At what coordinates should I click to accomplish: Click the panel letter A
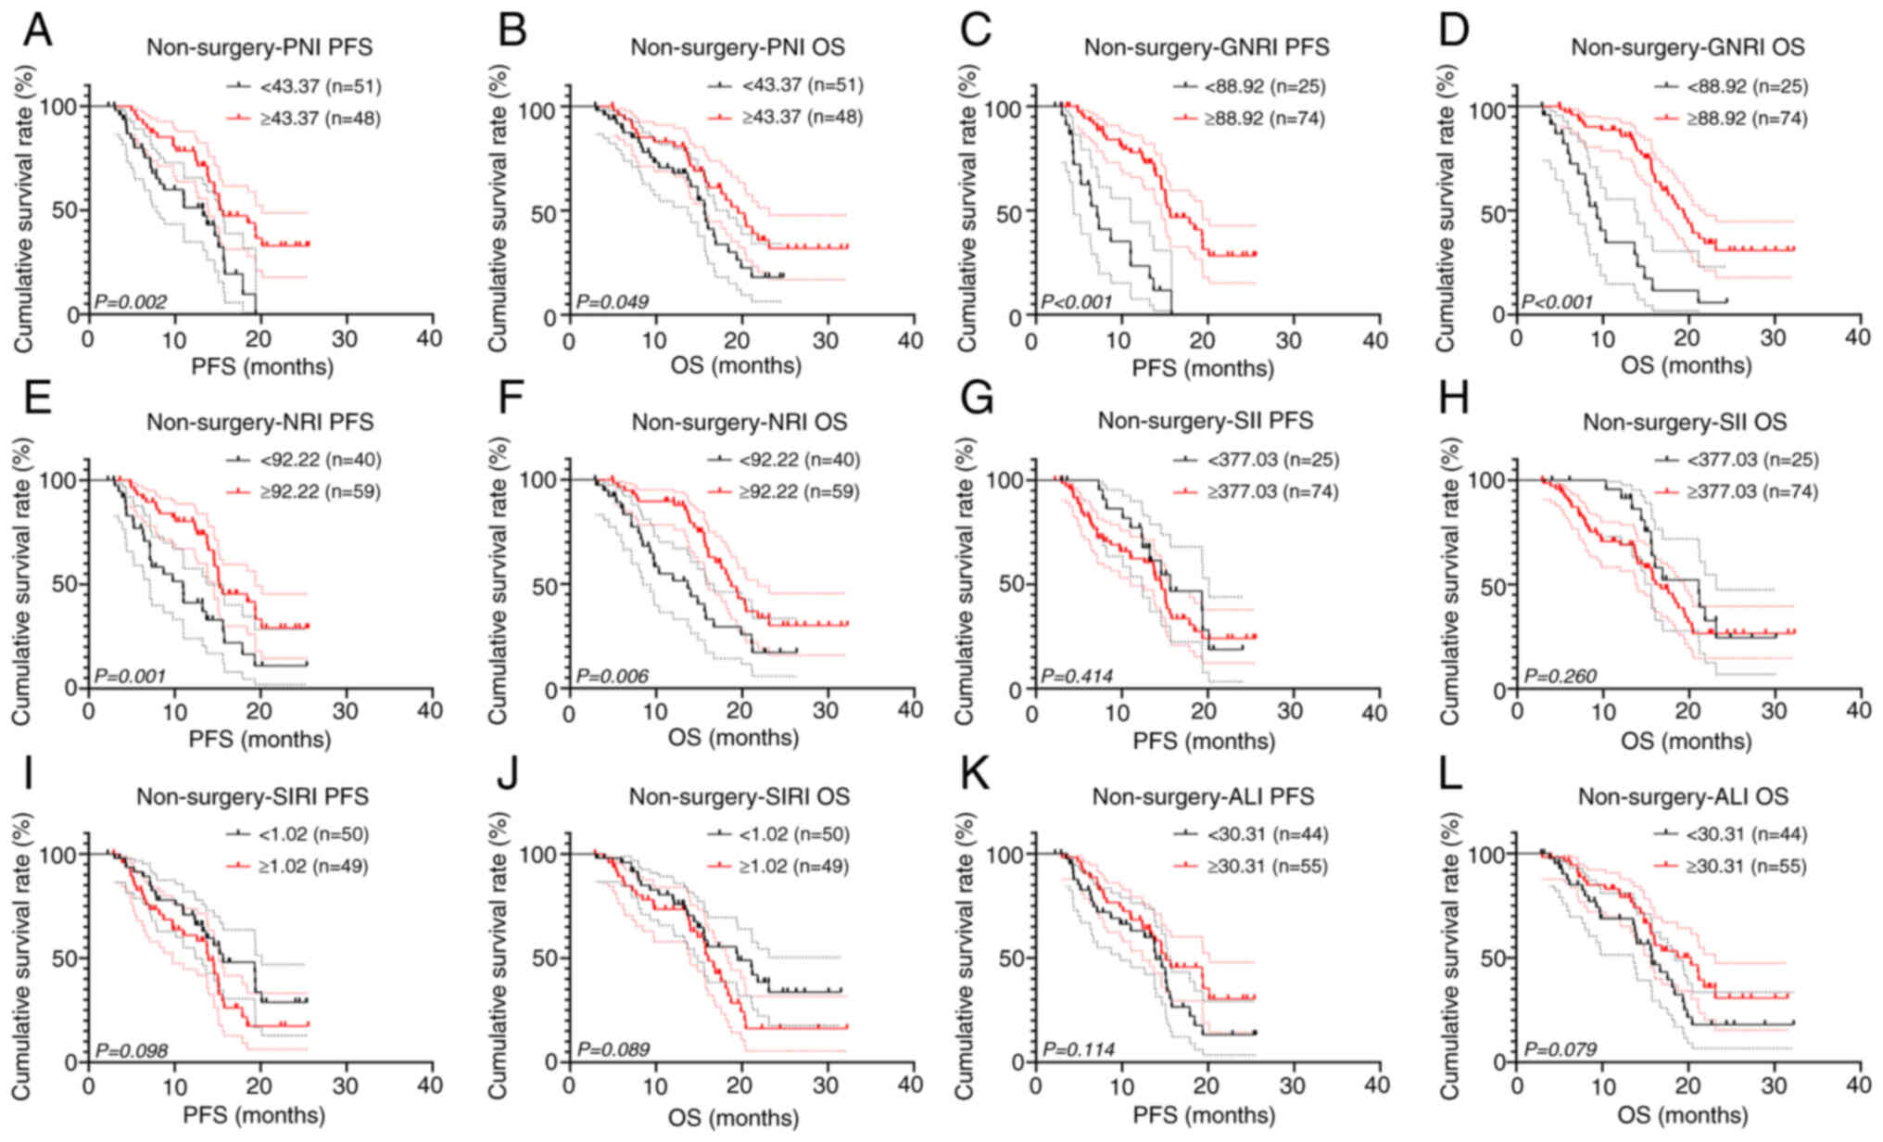(37, 31)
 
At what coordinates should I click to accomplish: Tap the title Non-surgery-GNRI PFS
(1207, 46)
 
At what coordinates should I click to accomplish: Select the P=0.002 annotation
(132, 301)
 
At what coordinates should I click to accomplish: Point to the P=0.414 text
(1077, 676)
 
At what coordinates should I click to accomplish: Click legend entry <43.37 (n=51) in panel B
(802, 86)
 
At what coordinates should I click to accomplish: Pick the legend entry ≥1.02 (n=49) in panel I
(313, 867)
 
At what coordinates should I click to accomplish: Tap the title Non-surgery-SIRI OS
(739, 797)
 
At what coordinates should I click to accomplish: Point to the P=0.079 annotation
(1561, 1050)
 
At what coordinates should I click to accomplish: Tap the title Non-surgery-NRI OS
(739, 423)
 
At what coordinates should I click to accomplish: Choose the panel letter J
(508, 775)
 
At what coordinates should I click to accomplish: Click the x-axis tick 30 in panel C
(1290, 340)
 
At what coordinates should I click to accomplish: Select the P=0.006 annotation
(613, 676)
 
